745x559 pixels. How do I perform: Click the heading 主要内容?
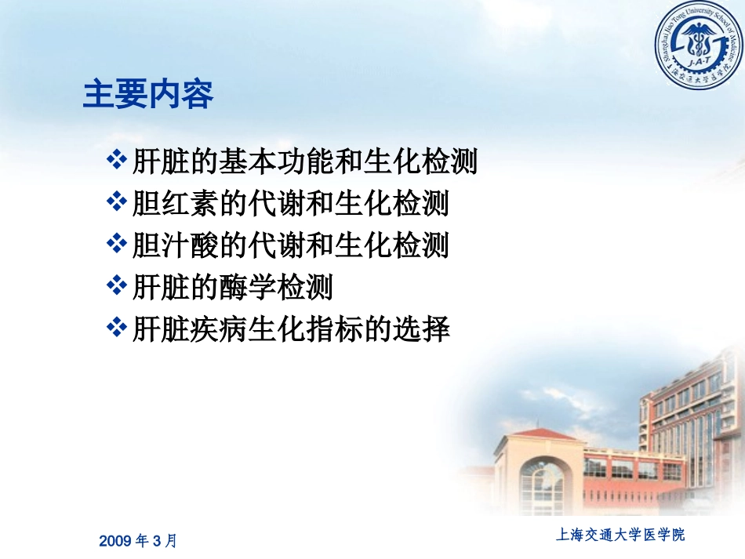click(x=148, y=95)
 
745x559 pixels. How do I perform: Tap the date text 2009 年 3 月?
click(x=139, y=540)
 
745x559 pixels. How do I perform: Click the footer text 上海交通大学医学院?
click(x=620, y=535)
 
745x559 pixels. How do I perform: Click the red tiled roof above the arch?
click(x=540, y=434)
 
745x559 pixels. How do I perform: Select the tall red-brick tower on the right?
click(x=690, y=423)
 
